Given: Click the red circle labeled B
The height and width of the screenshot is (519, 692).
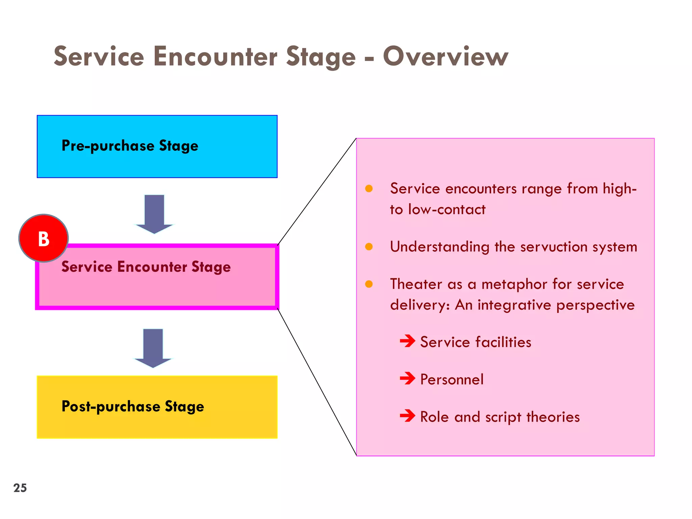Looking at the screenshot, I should point(44,239).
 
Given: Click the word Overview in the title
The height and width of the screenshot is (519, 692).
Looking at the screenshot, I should point(445,56).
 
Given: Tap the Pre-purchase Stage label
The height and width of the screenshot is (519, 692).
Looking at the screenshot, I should point(130,146).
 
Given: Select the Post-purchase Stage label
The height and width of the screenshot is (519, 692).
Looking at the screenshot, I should point(133,406).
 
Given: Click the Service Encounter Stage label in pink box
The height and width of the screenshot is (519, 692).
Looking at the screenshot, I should point(146,267).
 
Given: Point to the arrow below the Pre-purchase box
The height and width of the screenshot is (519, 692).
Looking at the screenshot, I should point(154,214).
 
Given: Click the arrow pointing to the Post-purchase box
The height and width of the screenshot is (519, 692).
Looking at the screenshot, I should point(153,348).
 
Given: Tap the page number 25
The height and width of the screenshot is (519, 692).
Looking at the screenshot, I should point(20,488).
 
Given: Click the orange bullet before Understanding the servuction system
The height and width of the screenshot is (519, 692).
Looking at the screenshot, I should point(369,247).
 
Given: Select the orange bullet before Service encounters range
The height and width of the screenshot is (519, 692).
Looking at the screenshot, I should point(369,189).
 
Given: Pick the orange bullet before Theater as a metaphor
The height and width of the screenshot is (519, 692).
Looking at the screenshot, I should point(369,284).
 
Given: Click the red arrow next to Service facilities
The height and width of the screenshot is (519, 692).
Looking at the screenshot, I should point(407,341).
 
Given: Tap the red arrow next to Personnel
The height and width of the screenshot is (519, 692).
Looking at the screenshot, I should point(407,378).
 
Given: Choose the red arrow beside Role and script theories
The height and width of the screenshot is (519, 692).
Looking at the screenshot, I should point(407,416).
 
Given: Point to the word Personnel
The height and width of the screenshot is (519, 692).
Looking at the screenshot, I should point(452,379).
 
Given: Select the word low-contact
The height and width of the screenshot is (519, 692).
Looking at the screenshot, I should point(447,209).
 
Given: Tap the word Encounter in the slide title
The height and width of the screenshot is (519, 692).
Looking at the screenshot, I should point(216,56).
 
